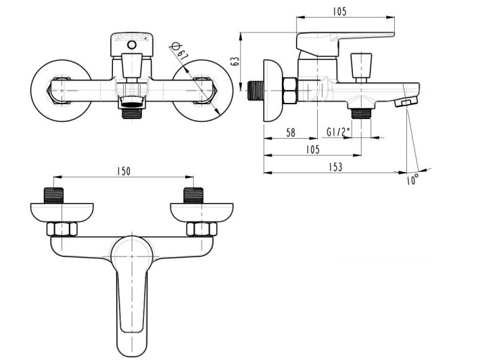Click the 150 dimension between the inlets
(x=122, y=172)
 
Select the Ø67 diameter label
(x=179, y=53)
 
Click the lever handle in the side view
(x=345, y=41)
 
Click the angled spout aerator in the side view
(x=405, y=102)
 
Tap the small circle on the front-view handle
(x=133, y=46)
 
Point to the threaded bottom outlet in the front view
(x=133, y=110)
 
